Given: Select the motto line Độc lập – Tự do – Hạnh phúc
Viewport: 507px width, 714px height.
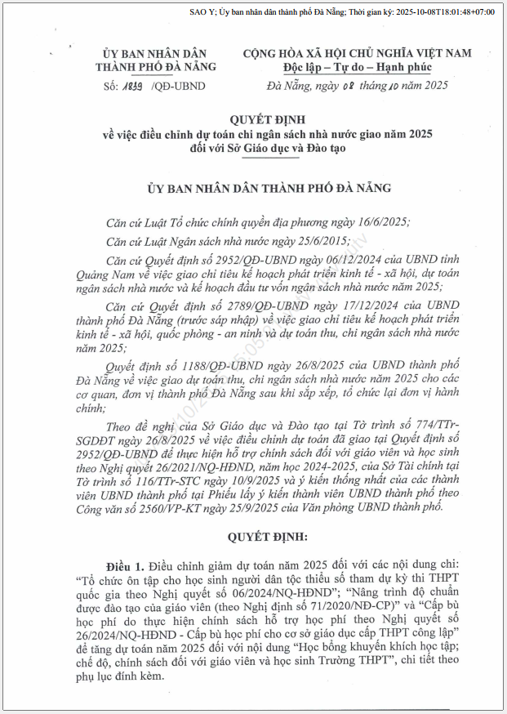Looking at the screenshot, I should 357,67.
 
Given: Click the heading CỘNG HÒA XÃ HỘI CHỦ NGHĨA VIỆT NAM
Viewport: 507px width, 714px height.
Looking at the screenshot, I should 357,53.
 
